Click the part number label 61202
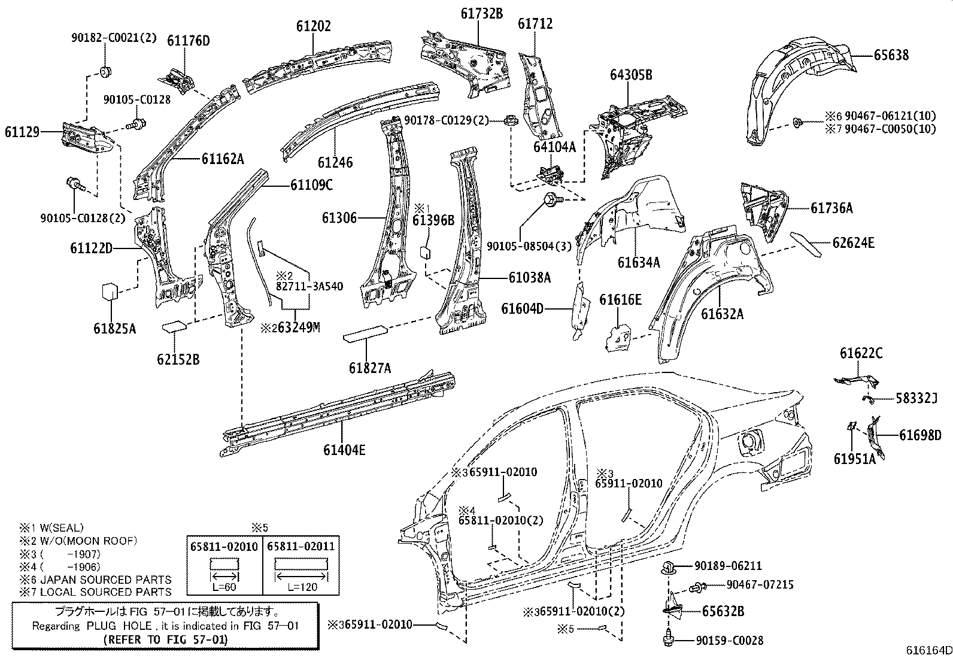tap(313, 26)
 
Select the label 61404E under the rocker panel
tap(344, 450)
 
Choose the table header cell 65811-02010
tap(224, 545)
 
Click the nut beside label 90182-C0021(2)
tap(107, 72)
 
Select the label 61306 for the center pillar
tap(339, 218)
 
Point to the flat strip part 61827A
tap(365, 333)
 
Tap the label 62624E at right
tap(853, 242)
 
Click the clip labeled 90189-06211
tap(669, 568)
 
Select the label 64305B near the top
tap(631, 75)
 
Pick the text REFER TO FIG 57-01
tap(165, 639)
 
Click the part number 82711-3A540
tap(309, 286)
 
